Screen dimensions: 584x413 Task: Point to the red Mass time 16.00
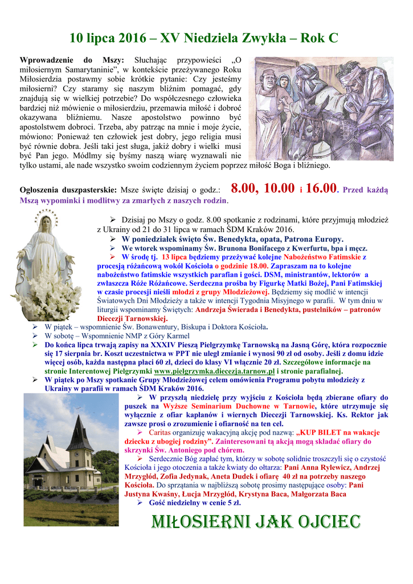[321, 189]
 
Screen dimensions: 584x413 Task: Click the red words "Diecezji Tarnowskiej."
[132, 318]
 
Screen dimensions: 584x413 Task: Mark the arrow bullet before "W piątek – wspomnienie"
[35, 327]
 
